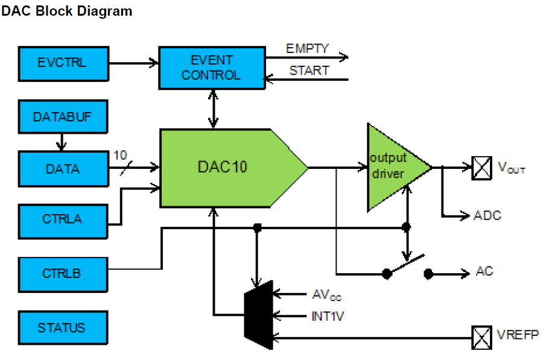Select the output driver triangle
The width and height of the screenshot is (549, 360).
pyautogui.click(x=392, y=167)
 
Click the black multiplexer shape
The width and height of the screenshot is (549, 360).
pyautogui.click(x=258, y=314)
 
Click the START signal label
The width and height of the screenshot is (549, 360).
pyautogui.click(x=309, y=71)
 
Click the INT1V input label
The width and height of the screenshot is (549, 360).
pyautogui.click(x=328, y=315)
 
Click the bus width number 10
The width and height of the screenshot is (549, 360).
pyautogui.click(x=120, y=155)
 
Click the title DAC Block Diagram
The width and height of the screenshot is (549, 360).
pyautogui.click(x=66, y=11)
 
